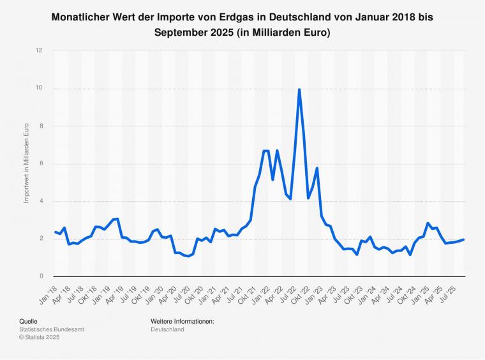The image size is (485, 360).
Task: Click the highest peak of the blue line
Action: (x=299, y=89)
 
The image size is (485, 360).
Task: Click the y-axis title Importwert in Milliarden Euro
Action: (x=27, y=163)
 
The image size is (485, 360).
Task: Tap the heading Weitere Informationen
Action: (x=183, y=322)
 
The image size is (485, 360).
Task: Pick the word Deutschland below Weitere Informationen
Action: (x=167, y=329)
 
